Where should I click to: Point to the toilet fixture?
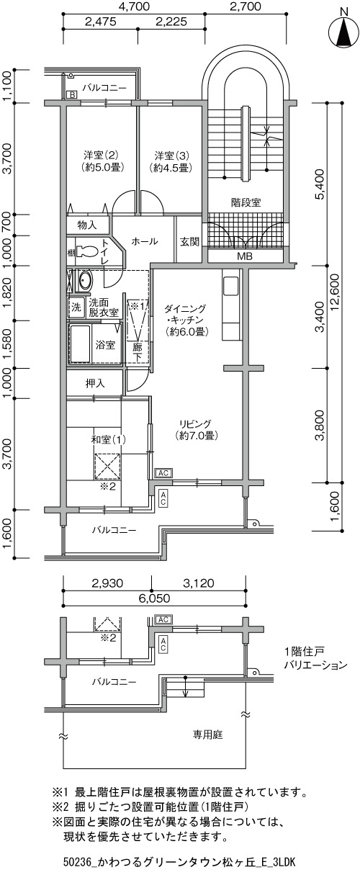[87, 251]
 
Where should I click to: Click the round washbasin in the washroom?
[84, 281]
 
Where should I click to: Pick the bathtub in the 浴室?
[80, 344]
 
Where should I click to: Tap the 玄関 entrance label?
[189, 242]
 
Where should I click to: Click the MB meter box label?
[245, 256]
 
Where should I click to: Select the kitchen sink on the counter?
[231, 286]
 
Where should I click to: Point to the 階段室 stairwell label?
[246, 202]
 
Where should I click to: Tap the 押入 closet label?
[95, 383]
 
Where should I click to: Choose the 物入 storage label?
[87, 225]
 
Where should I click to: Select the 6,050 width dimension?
[154, 598]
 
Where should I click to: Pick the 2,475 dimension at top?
[101, 22]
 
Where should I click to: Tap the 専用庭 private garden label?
[207, 735]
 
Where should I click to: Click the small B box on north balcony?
[73, 94]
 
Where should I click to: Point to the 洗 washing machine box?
[76, 307]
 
